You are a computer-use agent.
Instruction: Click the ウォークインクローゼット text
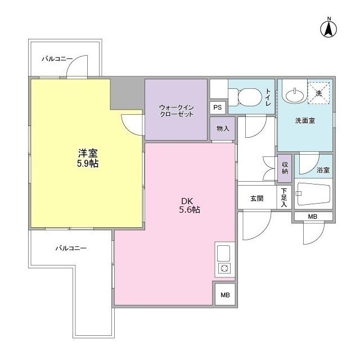(x=175, y=110)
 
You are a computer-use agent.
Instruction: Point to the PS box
(x=218, y=107)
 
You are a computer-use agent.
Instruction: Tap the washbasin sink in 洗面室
(x=295, y=93)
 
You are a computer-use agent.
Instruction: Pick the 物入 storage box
(x=222, y=128)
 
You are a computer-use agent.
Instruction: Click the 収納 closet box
(x=285, y=168)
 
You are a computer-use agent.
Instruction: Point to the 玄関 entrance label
(x=257, y=198)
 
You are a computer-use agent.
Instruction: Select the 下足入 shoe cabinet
(x=285, y=198)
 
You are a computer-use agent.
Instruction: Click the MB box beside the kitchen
(x=225, y=295)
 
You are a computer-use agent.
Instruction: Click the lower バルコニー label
(x=70, y=247)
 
